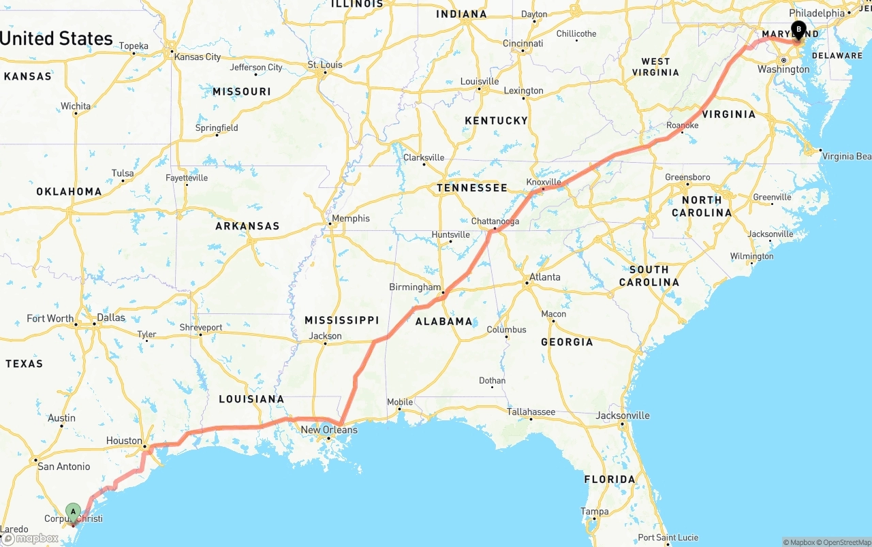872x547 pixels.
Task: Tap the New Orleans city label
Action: tap(329, 430)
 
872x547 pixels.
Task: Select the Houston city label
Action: tap(124, 441)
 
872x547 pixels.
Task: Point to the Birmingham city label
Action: tap(415, 287)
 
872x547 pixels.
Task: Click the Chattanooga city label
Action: tap(495, 221)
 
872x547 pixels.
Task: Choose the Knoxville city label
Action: tap(544, 182)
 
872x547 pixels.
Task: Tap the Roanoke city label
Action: tap(682, 125)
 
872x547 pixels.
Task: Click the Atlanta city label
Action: tap(545, 277)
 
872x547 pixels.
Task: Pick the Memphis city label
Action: tap(352, 218)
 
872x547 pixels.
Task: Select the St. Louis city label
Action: tap(325, 65)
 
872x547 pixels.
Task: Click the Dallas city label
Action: tap(111, 317)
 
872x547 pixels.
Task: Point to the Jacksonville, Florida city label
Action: tap(623, 416)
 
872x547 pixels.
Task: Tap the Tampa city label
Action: tap(594, 512)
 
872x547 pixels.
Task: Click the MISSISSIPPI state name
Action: tap(341, 320)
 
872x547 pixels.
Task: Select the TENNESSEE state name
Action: tap(472, 187)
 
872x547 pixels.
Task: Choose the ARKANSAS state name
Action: tap(247, 225)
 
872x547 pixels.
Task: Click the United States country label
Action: tap(57, 38)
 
